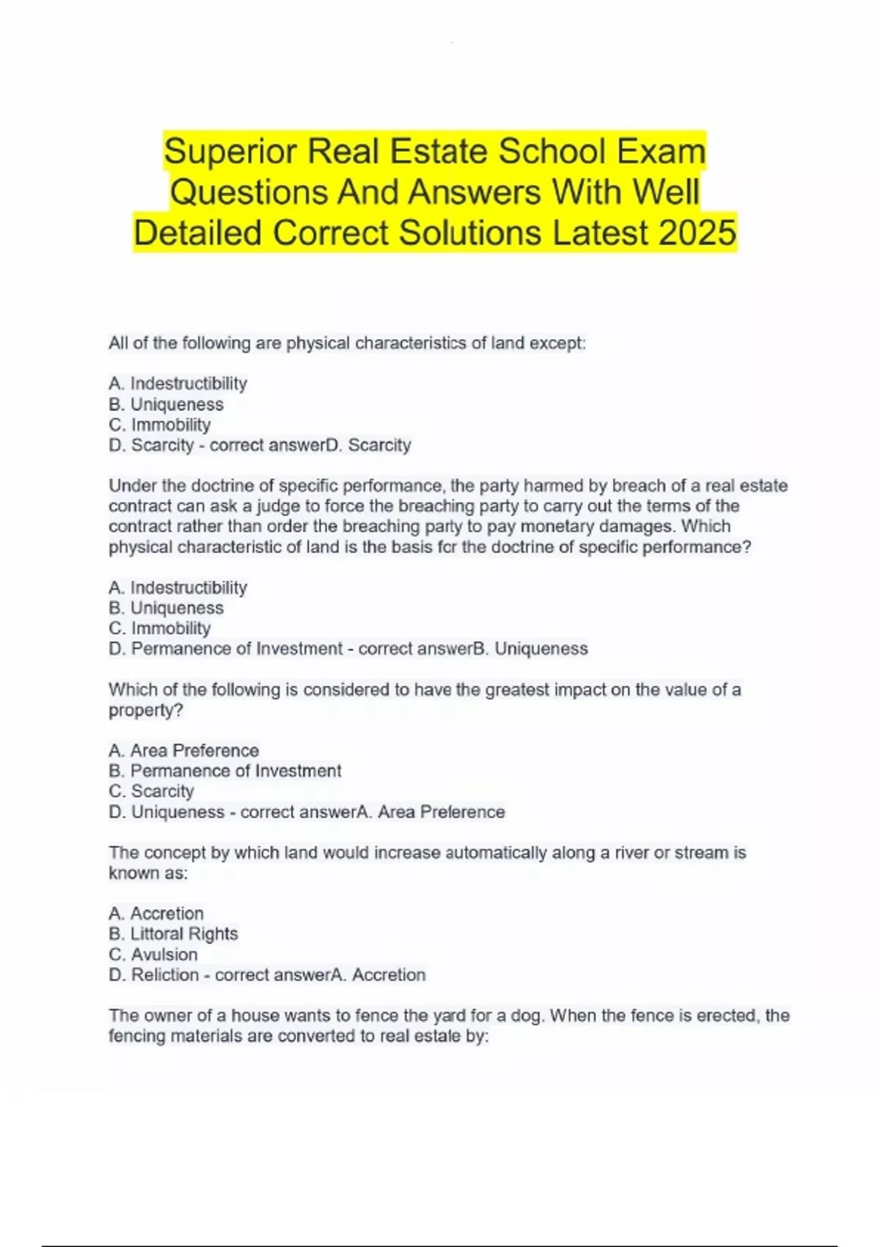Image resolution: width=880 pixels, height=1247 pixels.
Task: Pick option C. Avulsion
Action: click(x=153, y=954)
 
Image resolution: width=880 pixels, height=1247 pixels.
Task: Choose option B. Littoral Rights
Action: click(x=174, y=934)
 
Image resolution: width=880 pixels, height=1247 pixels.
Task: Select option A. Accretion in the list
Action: click(x=156, y=913)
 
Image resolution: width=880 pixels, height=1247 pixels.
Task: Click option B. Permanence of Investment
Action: click(x=225, y=771)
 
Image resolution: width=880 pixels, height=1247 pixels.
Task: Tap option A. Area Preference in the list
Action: click(x=184, y=750)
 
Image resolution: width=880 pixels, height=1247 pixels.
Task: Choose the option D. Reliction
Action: click(x=154, y=975)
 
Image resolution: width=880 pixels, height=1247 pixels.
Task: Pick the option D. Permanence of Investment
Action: click(x=226, y=649)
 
